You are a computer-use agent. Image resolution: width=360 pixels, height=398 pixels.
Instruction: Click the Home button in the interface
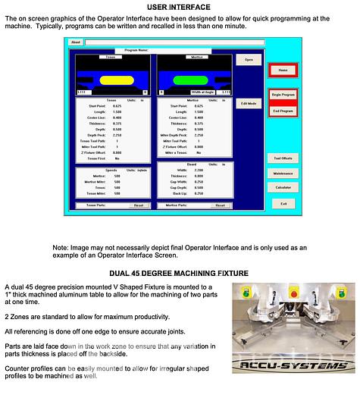click(282, 70)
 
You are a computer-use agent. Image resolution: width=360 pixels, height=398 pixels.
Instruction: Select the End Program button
click(282, 111)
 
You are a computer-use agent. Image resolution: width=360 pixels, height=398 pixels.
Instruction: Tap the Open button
click(249, 58)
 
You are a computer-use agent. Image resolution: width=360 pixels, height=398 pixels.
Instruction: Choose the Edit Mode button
click(249, 102)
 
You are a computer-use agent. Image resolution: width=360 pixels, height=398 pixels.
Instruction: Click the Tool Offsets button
click(282, 158)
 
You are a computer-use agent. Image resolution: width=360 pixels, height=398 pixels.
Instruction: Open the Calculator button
click(282, 186)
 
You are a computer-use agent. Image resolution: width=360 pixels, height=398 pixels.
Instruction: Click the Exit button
click(282, 203)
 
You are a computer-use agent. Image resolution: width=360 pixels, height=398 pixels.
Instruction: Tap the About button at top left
click(75, 42)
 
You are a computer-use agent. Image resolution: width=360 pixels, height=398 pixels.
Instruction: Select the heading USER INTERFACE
click(179, 7)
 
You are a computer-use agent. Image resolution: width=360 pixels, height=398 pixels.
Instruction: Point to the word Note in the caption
click(60, 248)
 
